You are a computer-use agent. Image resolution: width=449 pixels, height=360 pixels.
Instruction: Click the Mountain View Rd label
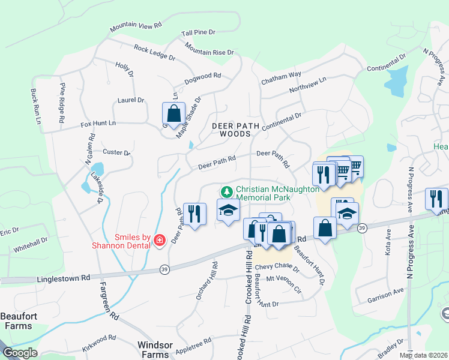[136, 27]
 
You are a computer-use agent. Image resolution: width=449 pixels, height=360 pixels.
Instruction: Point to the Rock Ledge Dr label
[154, 53]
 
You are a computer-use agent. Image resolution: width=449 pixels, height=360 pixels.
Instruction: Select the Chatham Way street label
[281, 75]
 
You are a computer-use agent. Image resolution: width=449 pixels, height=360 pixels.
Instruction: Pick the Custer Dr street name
[116, 152]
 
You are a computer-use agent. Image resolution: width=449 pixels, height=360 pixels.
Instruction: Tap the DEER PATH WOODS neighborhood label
[232, 130]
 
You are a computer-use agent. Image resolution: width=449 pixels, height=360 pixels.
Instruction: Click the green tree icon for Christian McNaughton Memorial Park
[227, 192]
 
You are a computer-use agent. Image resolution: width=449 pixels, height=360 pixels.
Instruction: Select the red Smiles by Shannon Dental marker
[160, 241]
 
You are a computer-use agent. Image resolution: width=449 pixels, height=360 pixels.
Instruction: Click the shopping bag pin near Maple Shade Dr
[173, 113]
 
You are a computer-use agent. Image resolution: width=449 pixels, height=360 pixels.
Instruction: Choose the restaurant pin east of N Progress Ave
[436, 199]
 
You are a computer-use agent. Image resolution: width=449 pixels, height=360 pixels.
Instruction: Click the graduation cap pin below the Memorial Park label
[228, 211]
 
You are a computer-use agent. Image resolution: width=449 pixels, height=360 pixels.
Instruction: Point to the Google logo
[20, 353]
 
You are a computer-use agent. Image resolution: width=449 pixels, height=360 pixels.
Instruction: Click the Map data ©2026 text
[423, 355]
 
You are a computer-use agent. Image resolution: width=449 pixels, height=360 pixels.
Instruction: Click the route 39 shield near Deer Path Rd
[164, 271]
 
